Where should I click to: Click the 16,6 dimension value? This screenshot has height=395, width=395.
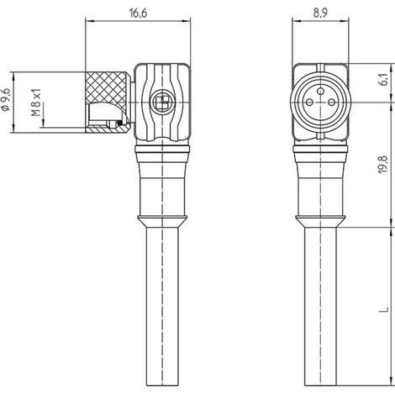138,13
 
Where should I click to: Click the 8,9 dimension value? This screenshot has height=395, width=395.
320,13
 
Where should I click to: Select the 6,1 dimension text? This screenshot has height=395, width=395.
384,79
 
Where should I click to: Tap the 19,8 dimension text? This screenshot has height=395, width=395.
384,164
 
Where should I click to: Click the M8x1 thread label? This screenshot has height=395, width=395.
36,103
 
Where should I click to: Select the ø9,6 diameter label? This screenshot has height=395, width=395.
6,99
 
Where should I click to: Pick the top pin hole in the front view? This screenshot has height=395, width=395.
321,91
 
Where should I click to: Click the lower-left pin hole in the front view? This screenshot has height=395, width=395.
309,103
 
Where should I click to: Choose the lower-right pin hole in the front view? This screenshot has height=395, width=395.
332,103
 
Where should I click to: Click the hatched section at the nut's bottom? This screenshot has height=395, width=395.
108,129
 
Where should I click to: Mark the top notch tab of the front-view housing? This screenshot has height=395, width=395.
321,67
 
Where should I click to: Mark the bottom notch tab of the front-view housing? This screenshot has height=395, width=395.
321,136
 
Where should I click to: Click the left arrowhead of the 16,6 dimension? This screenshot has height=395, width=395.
89,20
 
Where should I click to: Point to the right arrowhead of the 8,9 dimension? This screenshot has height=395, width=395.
345,20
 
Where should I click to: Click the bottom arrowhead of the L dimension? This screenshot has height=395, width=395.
392,381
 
